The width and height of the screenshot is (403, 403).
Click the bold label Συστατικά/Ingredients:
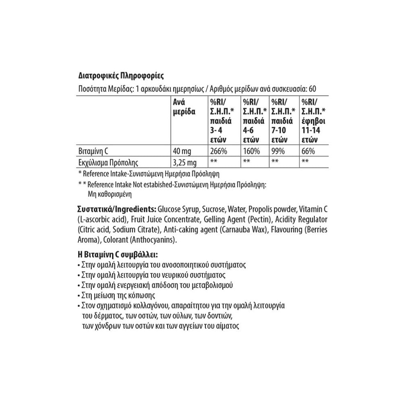[117, 210]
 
